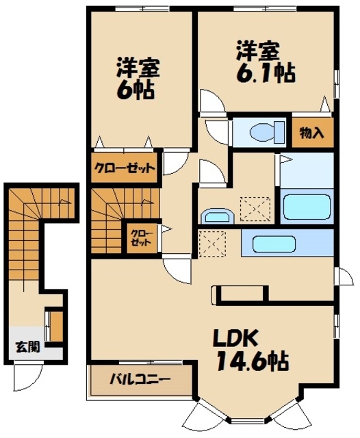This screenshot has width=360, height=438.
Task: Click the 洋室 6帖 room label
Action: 138,78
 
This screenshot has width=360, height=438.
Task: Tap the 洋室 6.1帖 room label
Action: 266,62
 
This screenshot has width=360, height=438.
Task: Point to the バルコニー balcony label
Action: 140,379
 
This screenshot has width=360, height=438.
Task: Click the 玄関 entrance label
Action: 27,347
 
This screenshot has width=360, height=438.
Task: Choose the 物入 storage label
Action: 311,133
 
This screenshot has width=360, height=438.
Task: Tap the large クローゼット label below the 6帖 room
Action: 125,168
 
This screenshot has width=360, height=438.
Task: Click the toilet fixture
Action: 267,132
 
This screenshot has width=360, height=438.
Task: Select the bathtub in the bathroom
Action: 307,207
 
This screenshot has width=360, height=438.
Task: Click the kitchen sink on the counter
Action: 274,244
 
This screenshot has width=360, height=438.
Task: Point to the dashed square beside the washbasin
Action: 255,209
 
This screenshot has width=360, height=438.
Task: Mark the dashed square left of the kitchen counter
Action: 212,244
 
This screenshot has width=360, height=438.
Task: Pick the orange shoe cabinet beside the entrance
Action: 56,326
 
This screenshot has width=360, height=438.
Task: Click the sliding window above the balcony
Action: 151,362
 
